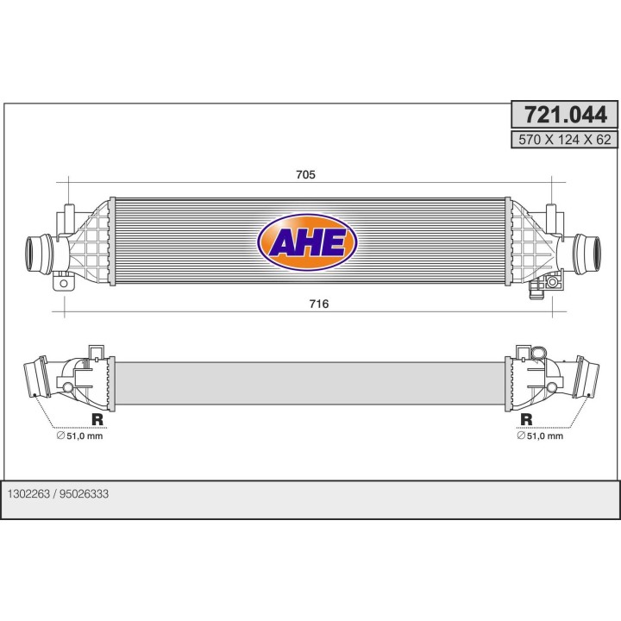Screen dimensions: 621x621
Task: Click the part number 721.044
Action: [x=564, y=114]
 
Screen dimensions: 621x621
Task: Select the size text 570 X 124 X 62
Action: [x=564, y=138]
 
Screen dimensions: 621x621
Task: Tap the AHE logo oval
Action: [x=308, y=242]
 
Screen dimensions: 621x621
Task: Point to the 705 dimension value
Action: [x=305, y=174]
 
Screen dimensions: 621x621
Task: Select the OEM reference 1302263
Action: [x=28, y=494]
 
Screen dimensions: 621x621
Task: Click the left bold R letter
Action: [x=97, y=420]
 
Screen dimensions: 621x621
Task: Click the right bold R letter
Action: [x=525, y=420]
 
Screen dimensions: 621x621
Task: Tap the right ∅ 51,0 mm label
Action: [x=540, y=436]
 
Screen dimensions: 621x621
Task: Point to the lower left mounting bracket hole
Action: [x=62, y=283]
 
